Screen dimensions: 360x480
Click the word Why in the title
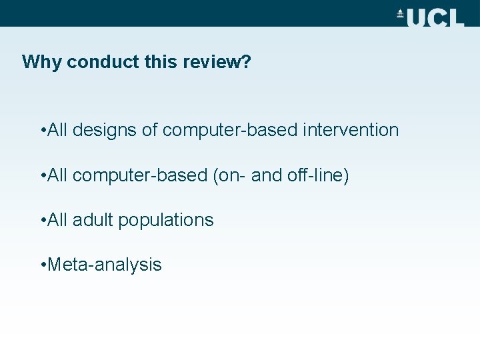[42, 62]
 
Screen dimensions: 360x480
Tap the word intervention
[351, 130]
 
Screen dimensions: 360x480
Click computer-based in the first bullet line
[230, 130]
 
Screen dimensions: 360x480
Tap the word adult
[93, 220]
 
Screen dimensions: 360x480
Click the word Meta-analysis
[105, 265]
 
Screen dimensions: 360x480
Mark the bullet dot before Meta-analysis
[43, 265]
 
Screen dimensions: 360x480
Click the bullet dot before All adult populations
[43, 221]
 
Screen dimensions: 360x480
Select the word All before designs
[59, 130]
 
